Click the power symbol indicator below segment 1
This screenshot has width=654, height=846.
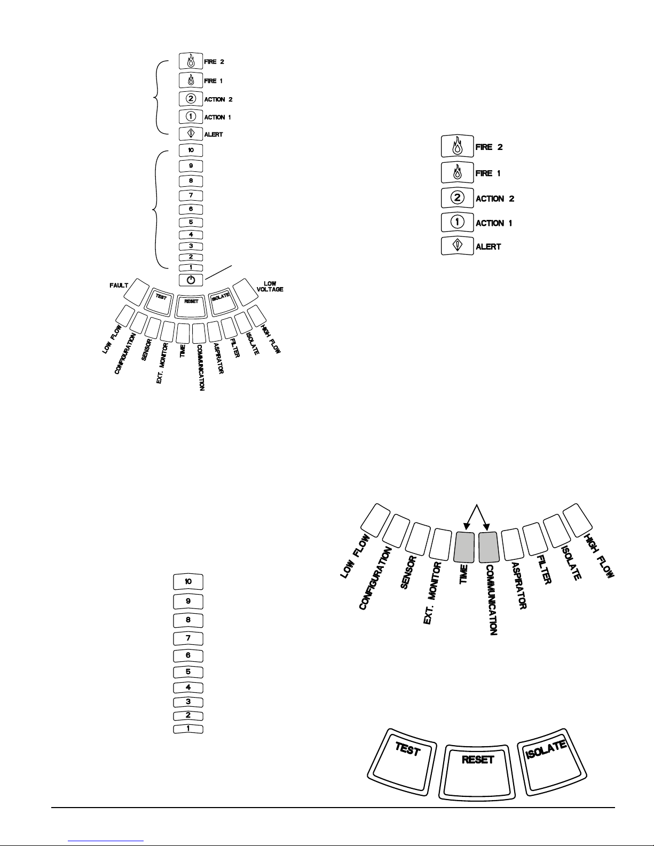pyautogui.click(x=191, y=280)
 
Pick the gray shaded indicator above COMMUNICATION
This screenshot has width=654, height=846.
pyautogui.click(x=488, y=547)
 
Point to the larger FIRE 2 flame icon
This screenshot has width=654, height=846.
pyautogui.click(x=458, y=146)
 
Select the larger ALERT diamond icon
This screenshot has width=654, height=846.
pyautogui.click(x=458, y=246)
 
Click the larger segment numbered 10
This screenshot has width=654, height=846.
pyautogui.click(x=188, y=581)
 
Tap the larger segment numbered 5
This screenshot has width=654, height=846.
pyautogui.click(x=188, y=672)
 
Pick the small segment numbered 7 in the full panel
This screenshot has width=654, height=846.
pyautogui.click(x=191, y=195)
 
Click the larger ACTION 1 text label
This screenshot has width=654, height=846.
pyautogui.click(x=494, y=223)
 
